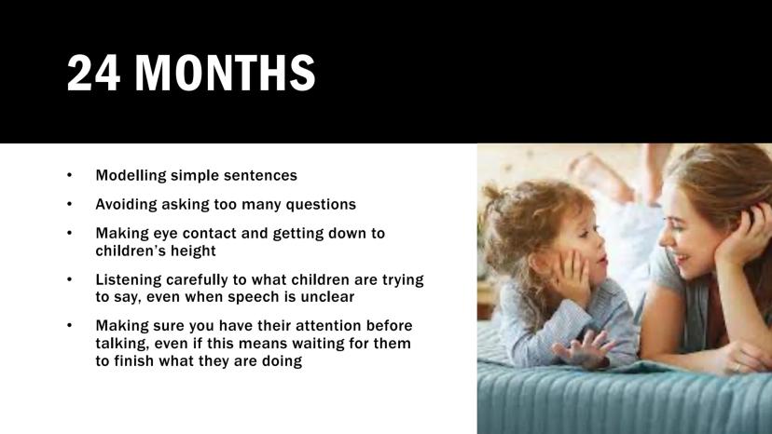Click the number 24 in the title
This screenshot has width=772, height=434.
93,73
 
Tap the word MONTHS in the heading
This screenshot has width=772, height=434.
225,73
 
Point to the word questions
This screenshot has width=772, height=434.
321,205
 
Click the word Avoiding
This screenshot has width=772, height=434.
126,205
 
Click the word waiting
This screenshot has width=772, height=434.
319,344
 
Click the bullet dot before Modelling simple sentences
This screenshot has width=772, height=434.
69,175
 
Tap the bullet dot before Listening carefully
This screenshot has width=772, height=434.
69,279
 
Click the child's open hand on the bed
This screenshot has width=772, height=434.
585,349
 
